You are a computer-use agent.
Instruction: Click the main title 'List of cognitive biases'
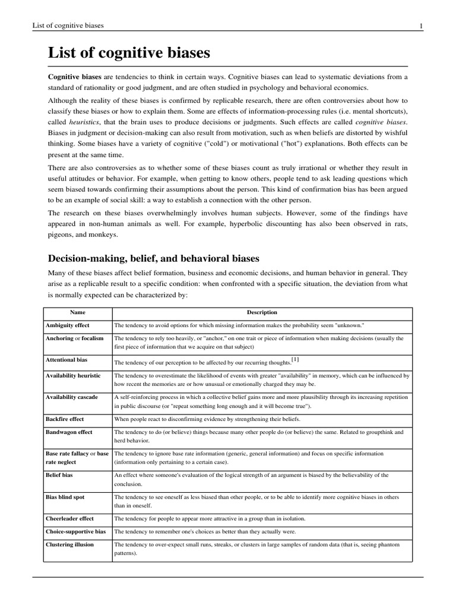(x=129, y=53)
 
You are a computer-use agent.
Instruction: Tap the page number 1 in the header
(x=420, y=26)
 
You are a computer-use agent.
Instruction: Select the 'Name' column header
(x=78, y=312)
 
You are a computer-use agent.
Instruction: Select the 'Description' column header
(x=262, y=312)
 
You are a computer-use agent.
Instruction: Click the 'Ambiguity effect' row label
(x=68, y=326)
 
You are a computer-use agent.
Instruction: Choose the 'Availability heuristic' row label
(x=73, y=376)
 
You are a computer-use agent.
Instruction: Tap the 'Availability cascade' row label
(x=72, y=397)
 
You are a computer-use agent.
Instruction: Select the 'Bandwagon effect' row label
(x=69, y=432)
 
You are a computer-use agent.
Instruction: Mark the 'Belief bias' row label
(x=59, y=475)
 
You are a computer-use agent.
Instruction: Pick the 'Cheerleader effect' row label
(x=69, y=518)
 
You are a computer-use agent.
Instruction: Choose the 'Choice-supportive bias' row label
(x=75, y=531)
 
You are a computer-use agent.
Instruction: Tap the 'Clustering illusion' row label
(x=69, y=544)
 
